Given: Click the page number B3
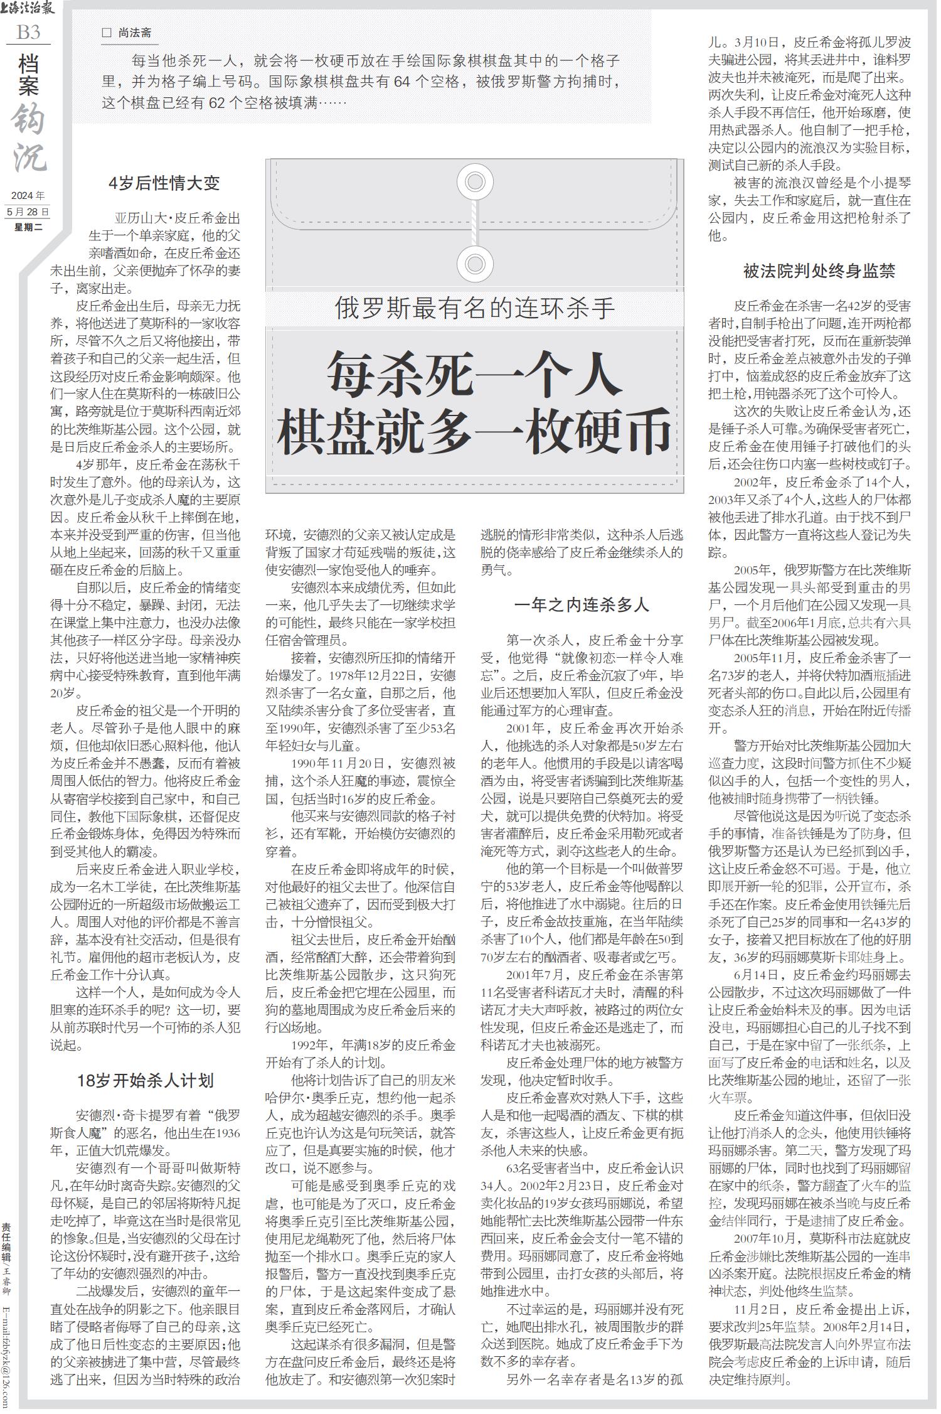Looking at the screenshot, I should [28, 32].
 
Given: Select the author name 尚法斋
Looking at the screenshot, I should [135, 33].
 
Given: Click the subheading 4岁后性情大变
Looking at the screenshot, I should [164, 183].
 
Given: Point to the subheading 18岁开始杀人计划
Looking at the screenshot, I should [146, 1079].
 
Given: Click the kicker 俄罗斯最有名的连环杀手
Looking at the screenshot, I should [475, 308].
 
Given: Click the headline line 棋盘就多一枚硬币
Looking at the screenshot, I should [475, 431].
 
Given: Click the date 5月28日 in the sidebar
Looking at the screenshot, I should [28, 212].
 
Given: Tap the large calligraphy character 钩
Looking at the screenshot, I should [28, 119].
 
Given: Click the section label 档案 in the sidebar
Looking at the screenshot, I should [28, 75].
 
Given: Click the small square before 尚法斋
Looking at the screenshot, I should [106, 33].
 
